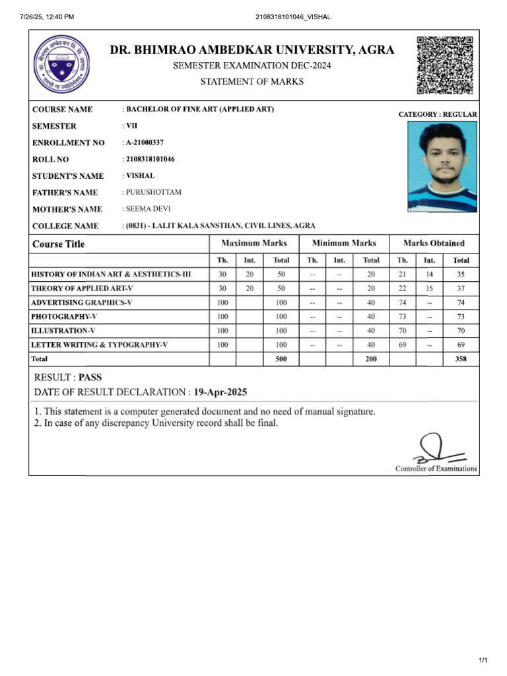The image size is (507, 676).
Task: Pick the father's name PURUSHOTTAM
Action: (x=153, y=192)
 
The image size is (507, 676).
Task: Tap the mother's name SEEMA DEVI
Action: (x=148, y=209)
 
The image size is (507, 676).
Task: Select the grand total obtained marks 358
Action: (x=461, y=358)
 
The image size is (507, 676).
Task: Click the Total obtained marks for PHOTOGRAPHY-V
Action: (x=461, y=316)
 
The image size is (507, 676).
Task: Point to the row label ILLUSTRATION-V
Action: (x=59, y=330)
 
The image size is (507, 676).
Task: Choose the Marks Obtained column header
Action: (x=434, y=243)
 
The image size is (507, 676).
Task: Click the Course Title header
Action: (x=59, y=244)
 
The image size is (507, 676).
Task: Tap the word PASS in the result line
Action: (x=91, y=378)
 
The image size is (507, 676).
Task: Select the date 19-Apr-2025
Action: (x=220, y=392)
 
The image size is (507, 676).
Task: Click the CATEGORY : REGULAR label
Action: (x=438, y=114)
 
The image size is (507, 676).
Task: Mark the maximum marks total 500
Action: (x=281, y=358)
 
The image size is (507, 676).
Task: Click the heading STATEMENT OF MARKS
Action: (x=252, y=82)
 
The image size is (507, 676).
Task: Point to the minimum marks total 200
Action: (x=371, y=358)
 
